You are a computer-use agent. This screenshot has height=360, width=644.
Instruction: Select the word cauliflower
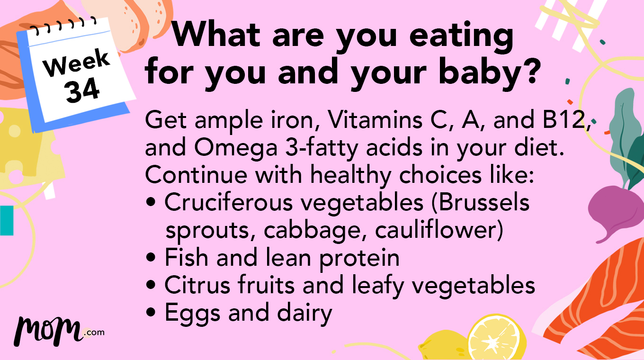[x=438, y=230]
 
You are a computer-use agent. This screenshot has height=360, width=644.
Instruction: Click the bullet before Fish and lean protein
[x=151, y=258]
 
